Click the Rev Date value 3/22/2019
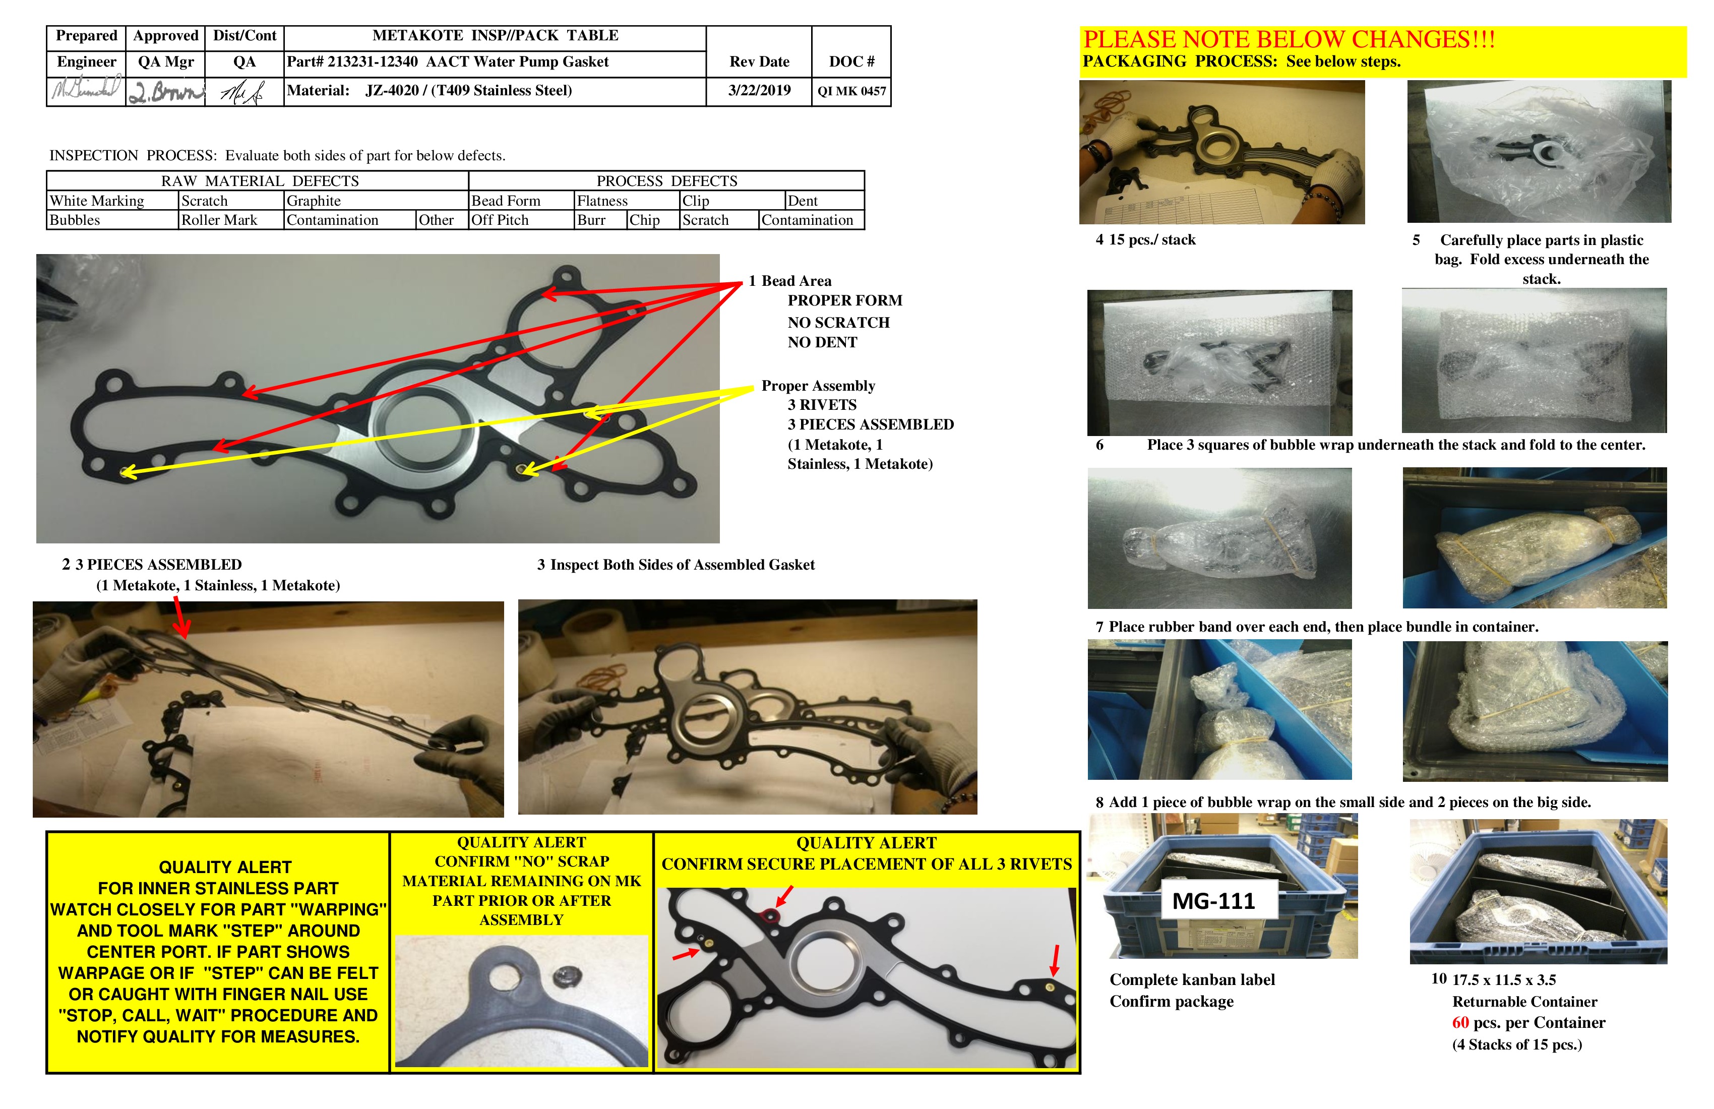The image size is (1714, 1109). tap(759, 91)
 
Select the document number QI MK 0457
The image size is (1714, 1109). tap(851, 91)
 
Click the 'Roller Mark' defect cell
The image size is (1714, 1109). tap(219, 220)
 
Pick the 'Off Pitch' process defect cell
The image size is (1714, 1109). tap(500, 220)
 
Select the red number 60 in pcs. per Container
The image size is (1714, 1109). tap(1460, 1023)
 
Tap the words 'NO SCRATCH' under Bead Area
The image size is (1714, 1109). tap(838, 323)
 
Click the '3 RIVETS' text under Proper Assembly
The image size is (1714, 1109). tap(822, 405)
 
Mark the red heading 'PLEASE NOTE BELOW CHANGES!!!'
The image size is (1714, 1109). tap(1289, 40)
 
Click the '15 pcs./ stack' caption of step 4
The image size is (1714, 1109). tap(1151, 240)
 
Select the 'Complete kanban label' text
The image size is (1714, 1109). tap(1192, 980)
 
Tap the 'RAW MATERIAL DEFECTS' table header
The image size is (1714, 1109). tap(259, 181)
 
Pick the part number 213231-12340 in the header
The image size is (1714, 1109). tap(373, 62)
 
